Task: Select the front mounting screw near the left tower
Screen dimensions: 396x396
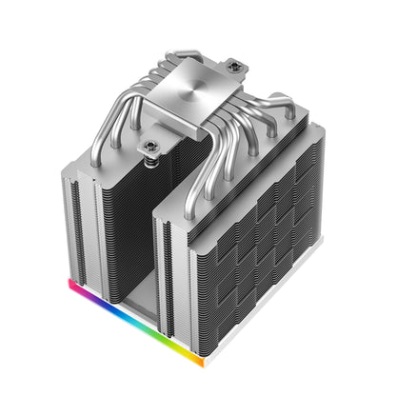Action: [x=150, y=147]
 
